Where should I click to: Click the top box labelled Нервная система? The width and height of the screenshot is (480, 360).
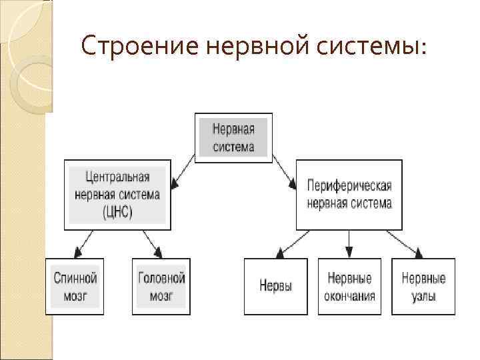coord(233,136)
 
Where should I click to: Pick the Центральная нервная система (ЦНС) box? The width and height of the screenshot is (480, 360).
coord(117,195)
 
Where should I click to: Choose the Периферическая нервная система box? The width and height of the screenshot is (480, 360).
coord(349,195)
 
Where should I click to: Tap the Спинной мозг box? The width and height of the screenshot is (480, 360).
coord(75,286)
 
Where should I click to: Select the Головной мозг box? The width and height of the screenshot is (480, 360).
coord(161,286)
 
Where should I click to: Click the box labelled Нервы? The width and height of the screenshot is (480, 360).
coord(275,286)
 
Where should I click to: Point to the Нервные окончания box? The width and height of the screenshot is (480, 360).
coord(349,286)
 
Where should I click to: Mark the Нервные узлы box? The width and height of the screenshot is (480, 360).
coord(423,286)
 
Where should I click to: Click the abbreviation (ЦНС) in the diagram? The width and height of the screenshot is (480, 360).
coord(117,213)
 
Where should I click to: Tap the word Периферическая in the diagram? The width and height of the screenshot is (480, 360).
coord(349,185)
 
